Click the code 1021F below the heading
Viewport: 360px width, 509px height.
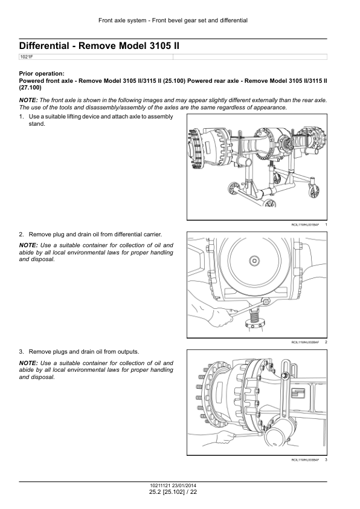[27, 57]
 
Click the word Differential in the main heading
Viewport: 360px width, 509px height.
[44, 46]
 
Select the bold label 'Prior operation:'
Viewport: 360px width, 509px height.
[42, 74]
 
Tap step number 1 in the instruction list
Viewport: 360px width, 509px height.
[21, 117]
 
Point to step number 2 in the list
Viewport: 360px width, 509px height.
[21, 235]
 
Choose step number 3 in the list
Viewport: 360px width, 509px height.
[21, 352]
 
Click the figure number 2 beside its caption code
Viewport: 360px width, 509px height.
[326, 342]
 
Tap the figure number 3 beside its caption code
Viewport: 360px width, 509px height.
[326, 459]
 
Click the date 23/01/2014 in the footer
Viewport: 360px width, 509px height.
[184, 486]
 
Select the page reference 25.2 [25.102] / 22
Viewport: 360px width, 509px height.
[173, 492]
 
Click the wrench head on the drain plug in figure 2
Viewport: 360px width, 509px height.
[266, 302]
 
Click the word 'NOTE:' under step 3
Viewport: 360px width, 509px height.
[28, 363]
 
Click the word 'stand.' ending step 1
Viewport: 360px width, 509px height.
[37, 124]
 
